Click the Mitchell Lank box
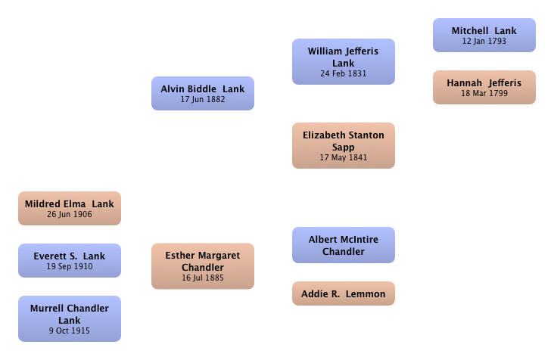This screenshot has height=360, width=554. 484,36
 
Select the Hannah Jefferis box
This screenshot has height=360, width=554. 484,87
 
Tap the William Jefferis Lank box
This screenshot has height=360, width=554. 344,61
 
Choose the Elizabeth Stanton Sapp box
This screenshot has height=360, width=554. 344,145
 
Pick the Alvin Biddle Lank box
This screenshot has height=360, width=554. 203,93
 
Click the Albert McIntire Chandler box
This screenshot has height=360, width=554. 344,245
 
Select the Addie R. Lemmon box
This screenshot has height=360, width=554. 344,293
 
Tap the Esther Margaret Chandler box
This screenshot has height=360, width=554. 203,266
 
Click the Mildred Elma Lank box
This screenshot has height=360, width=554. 70,208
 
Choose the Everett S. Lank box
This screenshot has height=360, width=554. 70,260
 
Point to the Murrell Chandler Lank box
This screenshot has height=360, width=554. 70,318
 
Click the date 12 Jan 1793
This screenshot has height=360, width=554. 484,41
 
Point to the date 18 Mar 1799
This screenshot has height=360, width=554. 484,93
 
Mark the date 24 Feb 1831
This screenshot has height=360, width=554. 344,73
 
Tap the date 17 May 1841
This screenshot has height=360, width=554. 344,157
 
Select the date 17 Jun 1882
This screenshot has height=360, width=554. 203,99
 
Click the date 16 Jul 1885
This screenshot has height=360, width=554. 203,278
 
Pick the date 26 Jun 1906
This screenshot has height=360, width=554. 70,214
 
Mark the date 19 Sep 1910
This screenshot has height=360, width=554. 70,266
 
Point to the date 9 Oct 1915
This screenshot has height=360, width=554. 70,331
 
